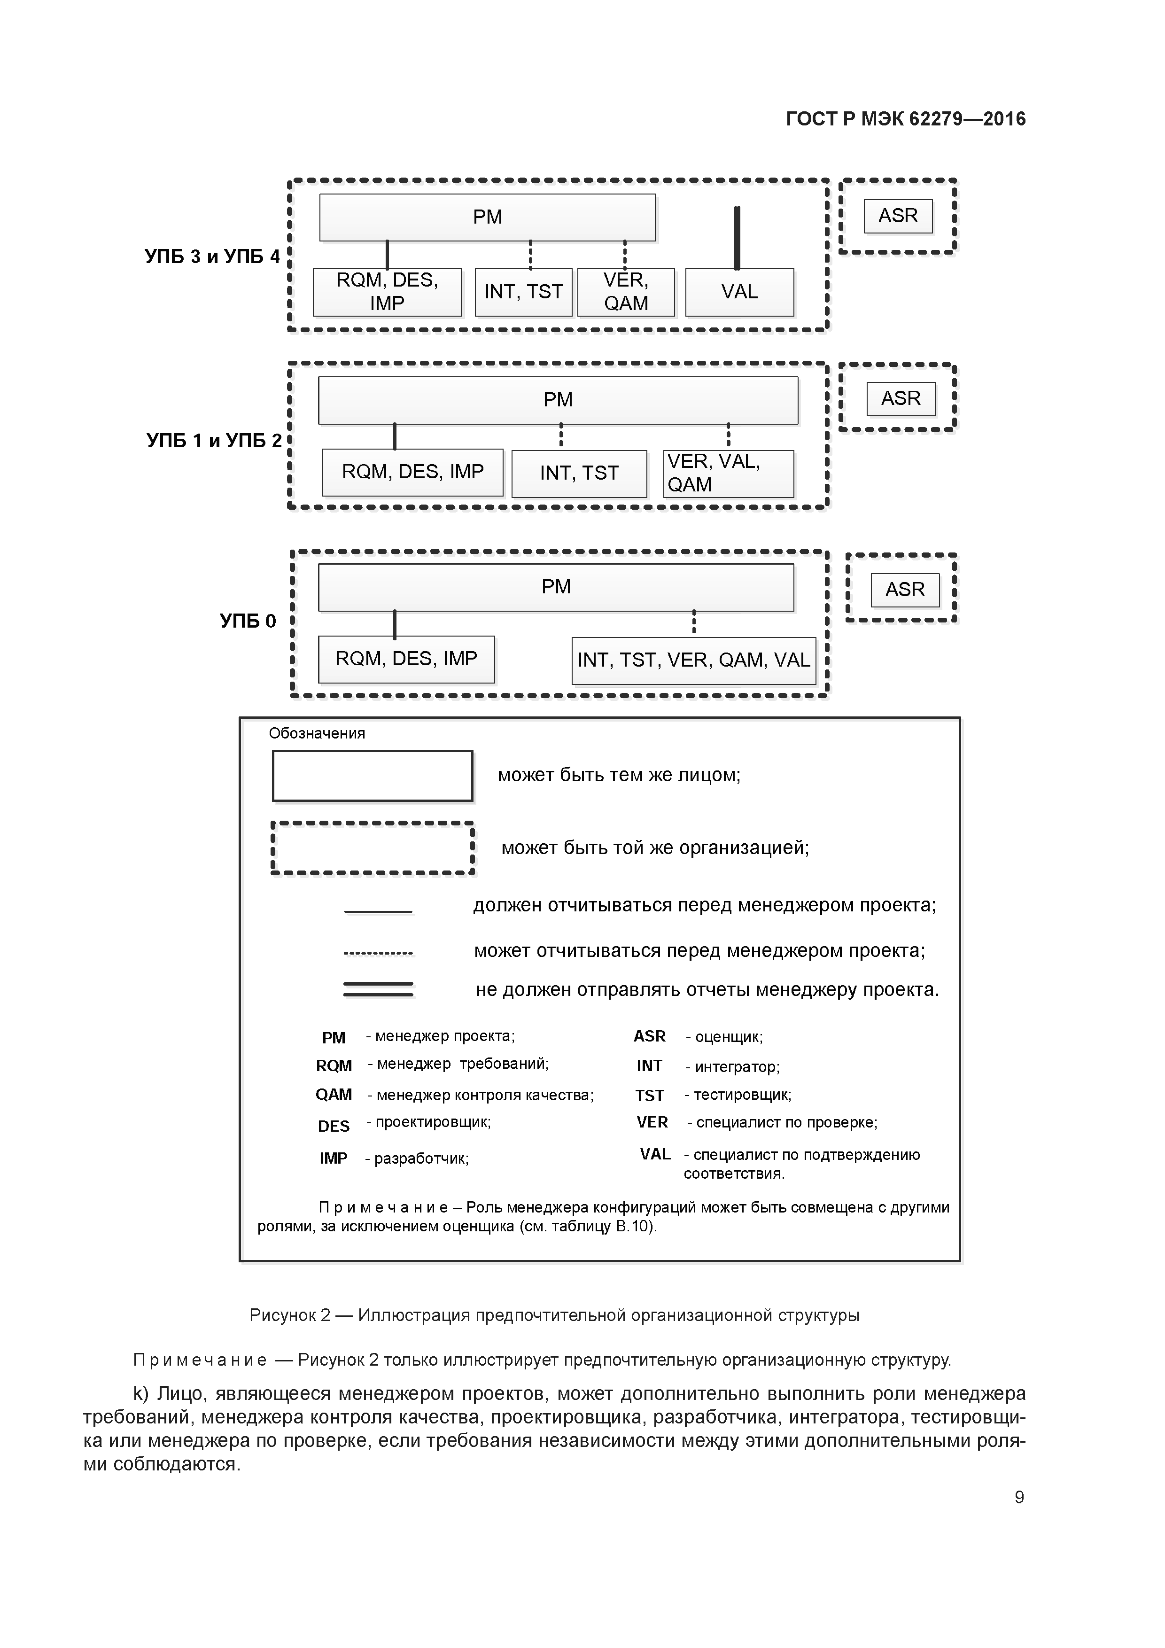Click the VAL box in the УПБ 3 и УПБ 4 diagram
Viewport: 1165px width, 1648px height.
739,292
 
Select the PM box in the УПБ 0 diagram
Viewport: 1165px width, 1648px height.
556,587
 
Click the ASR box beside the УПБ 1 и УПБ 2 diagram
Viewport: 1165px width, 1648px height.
901,398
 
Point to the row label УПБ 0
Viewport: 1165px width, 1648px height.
248,621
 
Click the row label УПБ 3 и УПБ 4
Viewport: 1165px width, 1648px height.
212,256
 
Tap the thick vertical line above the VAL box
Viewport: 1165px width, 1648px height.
737,238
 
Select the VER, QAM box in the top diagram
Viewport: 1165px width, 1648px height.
626,292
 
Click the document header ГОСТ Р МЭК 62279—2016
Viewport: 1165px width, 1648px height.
906,119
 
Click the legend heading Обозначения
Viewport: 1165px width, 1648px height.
317,733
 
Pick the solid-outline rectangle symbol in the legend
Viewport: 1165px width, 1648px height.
372,776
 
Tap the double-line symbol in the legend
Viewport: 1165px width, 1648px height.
378,989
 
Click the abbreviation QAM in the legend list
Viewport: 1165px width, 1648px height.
334,1095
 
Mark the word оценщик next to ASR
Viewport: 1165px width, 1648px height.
728,1037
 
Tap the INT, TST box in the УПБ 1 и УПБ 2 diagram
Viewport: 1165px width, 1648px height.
579,473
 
